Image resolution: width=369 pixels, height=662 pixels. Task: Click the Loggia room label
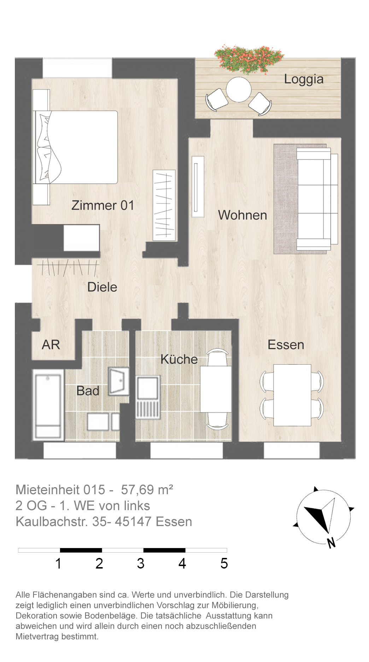(304, 80)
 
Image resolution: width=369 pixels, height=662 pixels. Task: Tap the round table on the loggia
(239, 90)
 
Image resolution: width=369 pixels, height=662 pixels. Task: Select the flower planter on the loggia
(249, 59)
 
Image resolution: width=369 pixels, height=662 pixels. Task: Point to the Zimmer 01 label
(103, 205)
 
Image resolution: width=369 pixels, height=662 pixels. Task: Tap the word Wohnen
(242, 215)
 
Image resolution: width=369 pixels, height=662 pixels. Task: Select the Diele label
(102, 287)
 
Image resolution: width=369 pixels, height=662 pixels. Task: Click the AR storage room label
(51, 345)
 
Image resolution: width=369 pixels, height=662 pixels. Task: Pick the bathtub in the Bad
(48, 405)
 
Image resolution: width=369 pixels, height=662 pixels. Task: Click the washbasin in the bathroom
(118, 381)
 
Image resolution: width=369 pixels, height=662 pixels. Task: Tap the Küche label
(179, 359)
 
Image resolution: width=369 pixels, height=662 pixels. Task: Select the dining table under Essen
(292, 395)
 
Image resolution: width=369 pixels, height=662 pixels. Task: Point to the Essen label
(286, 345)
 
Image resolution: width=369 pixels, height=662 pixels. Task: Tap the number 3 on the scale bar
(141, 564)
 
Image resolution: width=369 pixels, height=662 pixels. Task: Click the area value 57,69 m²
(147, 490)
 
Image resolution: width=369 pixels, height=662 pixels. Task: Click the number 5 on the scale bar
(224, 564)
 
